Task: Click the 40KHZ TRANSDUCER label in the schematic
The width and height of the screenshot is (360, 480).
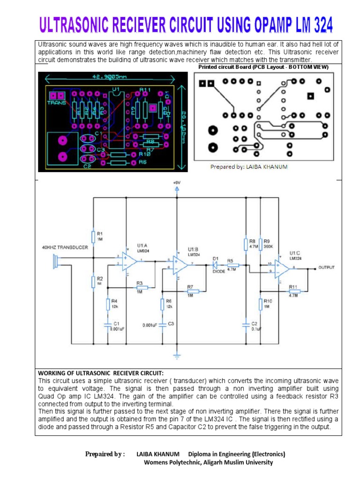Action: (x=65, y=247)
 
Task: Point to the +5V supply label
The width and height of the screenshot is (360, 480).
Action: (x=176, y=182)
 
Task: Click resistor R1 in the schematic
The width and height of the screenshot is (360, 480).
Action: (x=94, y=236)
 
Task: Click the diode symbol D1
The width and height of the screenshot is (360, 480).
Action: (x=215, y=265)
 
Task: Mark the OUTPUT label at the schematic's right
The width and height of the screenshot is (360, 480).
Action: (x=327, y=267)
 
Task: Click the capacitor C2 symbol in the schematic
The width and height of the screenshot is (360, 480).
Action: (x=245, y=323)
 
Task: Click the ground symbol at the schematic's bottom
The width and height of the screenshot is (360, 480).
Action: (x=177, y=356)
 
